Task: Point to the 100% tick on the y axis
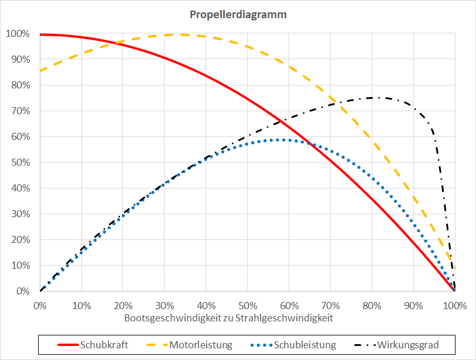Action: coord(17,33)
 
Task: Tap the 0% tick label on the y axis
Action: coord(22,291)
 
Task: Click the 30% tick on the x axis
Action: coord(165,305)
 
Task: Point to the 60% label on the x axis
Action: coord(289,305)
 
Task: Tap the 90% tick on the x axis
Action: coord(413,305)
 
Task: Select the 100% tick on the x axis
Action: coord(455,305)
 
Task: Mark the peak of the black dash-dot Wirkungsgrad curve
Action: coord(372,98)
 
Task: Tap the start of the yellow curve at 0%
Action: coord(40,71)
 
